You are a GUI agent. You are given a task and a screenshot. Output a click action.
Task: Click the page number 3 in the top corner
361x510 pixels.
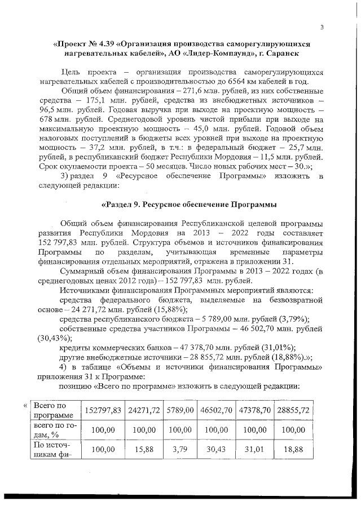322,26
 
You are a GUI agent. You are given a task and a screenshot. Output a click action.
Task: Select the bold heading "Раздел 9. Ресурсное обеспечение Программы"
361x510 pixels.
190,203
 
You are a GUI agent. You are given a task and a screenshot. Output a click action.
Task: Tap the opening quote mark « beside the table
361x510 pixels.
25,405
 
